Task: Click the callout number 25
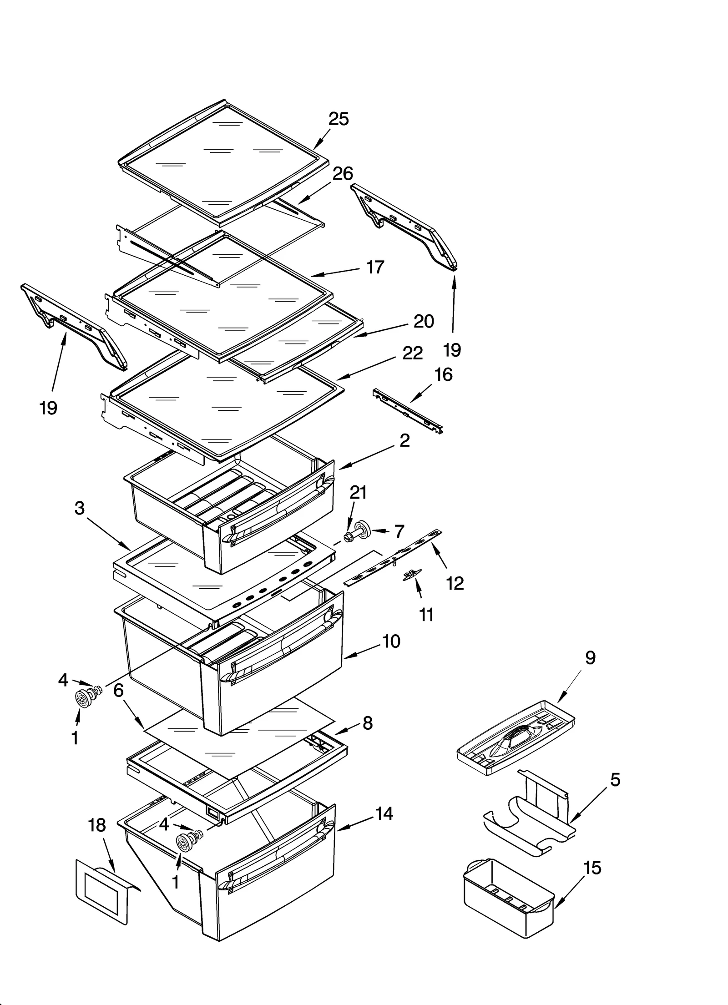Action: click(339, 119)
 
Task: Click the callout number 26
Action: click(343, 173)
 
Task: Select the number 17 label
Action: click(375, 268)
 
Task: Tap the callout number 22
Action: click(413, 353)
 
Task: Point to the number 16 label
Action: click(443, 374)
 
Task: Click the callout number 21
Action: click(358, 492)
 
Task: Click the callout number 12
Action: click(455, 583)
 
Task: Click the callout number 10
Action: click(391, 641)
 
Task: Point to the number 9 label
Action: click(590, 657)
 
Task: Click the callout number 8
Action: click(368, 723)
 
